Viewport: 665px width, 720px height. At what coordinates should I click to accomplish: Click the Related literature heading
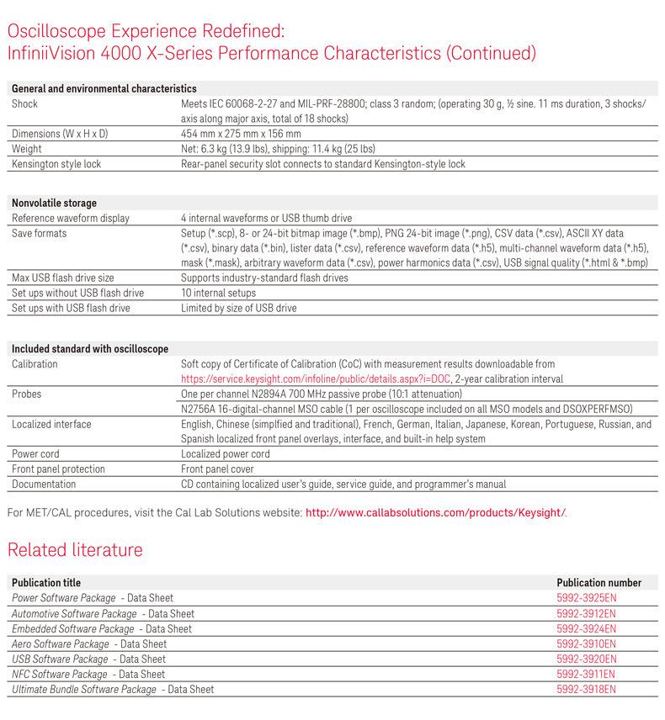point(75,550)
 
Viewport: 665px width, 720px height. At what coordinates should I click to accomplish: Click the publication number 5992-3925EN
point(586,598)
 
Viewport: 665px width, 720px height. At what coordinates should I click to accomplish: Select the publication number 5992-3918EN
point(586,689)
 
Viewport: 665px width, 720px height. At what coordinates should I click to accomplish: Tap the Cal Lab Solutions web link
point(435,511)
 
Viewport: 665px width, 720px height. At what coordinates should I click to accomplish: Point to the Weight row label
point(27,149)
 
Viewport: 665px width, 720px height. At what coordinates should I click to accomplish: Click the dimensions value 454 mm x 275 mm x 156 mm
point(241,134)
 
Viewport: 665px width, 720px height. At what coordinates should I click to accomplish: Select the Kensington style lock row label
point(56,164)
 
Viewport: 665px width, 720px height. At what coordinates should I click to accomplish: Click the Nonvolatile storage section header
point(54,203)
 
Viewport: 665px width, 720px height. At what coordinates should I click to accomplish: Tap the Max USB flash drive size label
point(63,278)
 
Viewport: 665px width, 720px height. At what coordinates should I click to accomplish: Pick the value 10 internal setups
point(218,293)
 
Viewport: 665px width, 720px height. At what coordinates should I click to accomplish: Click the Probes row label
point(27,394)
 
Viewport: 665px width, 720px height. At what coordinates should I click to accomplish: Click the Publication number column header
point(598,582)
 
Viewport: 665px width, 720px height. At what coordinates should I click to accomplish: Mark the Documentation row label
point(44,484)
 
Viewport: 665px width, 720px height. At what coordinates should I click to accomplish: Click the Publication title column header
point(46,582)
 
